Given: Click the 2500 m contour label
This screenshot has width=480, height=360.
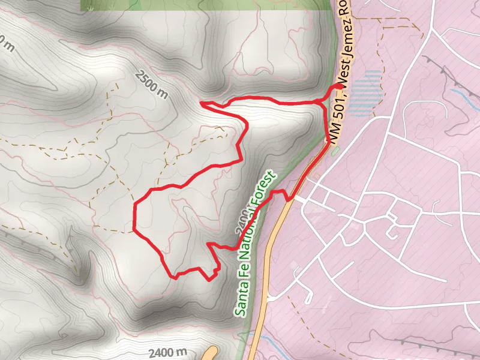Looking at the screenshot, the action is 151,83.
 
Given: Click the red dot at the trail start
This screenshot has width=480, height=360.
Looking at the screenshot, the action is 340,86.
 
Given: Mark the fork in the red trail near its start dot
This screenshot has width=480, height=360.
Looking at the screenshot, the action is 324,103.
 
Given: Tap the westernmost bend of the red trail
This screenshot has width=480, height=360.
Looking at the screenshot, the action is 133,219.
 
